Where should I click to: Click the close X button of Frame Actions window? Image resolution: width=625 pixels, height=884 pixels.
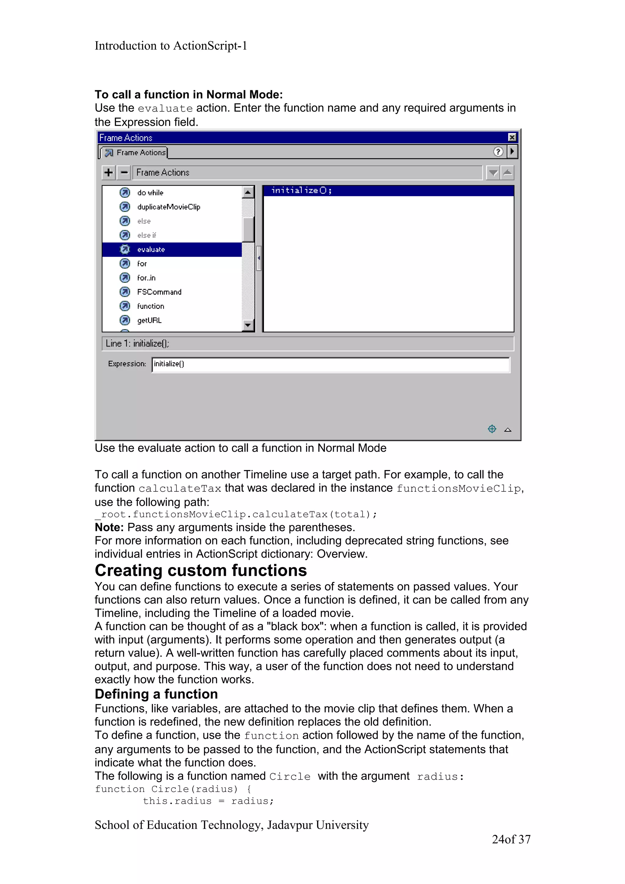coord(512,138)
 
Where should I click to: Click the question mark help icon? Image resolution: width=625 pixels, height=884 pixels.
coord(498,152)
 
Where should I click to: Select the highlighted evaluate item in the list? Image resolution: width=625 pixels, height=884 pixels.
coord(151,250)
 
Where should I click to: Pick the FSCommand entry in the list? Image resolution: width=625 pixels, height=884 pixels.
coord(159,292)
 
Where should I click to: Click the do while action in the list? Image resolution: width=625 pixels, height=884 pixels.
coord(150,192)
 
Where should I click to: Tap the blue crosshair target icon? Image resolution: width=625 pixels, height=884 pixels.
coord(492,429)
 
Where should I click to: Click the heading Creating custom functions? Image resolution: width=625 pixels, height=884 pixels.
coord(201,570)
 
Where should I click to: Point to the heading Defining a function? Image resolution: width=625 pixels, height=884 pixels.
coord(156,694)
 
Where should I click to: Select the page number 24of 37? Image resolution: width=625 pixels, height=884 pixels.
coord(511,839)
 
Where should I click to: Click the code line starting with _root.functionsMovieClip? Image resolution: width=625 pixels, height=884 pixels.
coord(236,514)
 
